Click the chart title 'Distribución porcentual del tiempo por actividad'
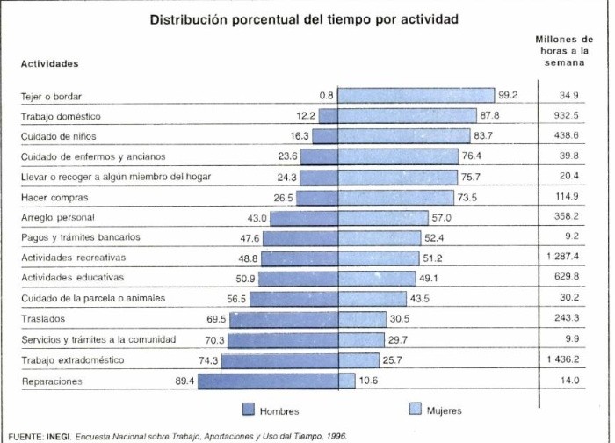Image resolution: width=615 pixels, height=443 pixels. tap(303, 18)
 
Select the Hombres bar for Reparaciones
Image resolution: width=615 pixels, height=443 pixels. tap(279, 381)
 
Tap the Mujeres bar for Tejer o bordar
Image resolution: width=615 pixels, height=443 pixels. tap(416, 95)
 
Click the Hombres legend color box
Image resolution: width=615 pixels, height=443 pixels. tap(248, 410)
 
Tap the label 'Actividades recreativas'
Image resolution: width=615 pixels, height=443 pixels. tap(73, 258)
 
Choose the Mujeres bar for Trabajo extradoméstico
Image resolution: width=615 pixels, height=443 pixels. tap(360, 360)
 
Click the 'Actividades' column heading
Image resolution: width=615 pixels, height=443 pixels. tap(49, 63)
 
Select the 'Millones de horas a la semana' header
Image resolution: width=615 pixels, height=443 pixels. tap(562, 52)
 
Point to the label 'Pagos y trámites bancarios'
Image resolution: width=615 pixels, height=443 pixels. tap(80, 237)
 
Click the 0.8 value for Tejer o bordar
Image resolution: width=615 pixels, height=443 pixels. tap(327, 95)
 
